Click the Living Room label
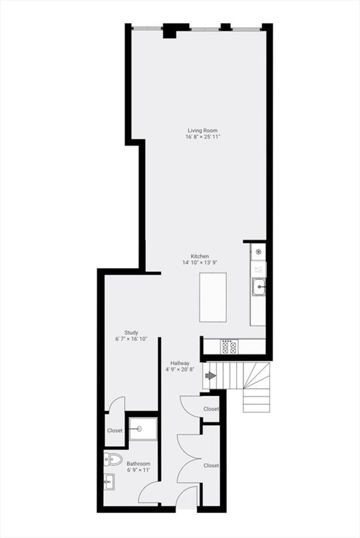pos(202,130)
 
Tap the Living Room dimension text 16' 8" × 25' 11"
pos(202,137)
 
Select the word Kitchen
pos(200,256)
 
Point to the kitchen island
pos(213,297)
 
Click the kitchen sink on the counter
pos(259,286)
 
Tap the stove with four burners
pos(229,345)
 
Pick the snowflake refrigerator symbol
pos(258,251)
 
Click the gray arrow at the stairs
pos(210,377)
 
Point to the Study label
pos(131,333)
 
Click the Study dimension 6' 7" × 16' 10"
pos(131,339)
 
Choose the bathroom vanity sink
pos(110,482)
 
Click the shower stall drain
pos(139,429)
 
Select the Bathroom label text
pos(138,464)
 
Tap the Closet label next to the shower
pos(115,431)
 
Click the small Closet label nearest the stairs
pos(211,408)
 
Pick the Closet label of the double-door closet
pos(211,465)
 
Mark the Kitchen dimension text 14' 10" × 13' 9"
pos(200,263)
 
